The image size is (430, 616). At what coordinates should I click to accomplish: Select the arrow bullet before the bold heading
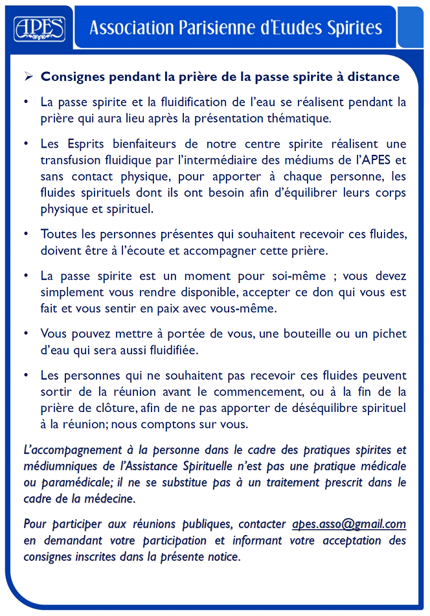pyautogui.click(x=28, y=76)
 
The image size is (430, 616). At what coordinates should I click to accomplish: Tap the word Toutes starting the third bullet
pyautogui.click(x=58, y=233)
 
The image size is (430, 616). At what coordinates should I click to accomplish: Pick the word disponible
pyautogui.click(x=190, y=291)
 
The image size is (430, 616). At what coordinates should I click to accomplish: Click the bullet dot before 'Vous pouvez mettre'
pyautogui.click(x=25, y=334)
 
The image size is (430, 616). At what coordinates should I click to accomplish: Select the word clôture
pyautogui.click(x=95, y=409)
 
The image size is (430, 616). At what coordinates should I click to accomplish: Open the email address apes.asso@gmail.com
pyautogui.click(x=349, y=524)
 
